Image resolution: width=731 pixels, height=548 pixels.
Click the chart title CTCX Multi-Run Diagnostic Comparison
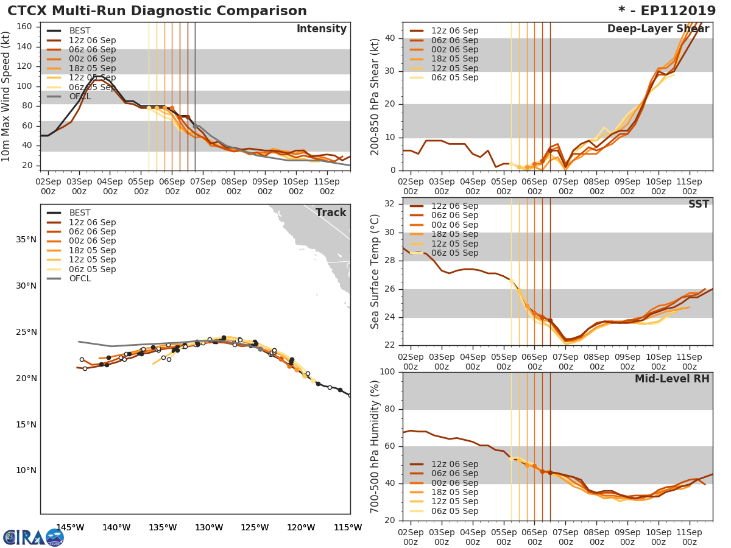pyautogui.click(x=157, y=11)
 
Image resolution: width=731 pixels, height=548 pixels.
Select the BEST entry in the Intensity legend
pyautogui.click(x=79, y=31)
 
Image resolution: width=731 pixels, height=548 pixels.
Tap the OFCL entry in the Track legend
pyautogui.click(x=79, y=279)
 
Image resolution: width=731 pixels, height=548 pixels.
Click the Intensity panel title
pyautogui.click(x=321, y=29)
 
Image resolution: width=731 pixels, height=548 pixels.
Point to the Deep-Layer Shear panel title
pyautogui.click(x=658, y=30)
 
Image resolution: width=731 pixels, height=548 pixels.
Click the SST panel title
pyautogui.click(x=698, y=205)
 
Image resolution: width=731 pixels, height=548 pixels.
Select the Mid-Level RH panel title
pyautogui.click(x=672, y=379)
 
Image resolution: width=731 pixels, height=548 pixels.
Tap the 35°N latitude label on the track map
pyautogui.click(x=26, y=239)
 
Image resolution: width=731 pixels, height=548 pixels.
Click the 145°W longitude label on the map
pyautogui.click(x=69, y=527)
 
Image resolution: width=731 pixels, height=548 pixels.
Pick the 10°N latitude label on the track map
pyautogui.click(x=26, y=471)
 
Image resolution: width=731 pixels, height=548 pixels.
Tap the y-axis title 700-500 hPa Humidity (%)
pyautogui.click(x=375, y=446)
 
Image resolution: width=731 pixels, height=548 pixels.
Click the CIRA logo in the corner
pyautogui.click(x=34, y=537)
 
